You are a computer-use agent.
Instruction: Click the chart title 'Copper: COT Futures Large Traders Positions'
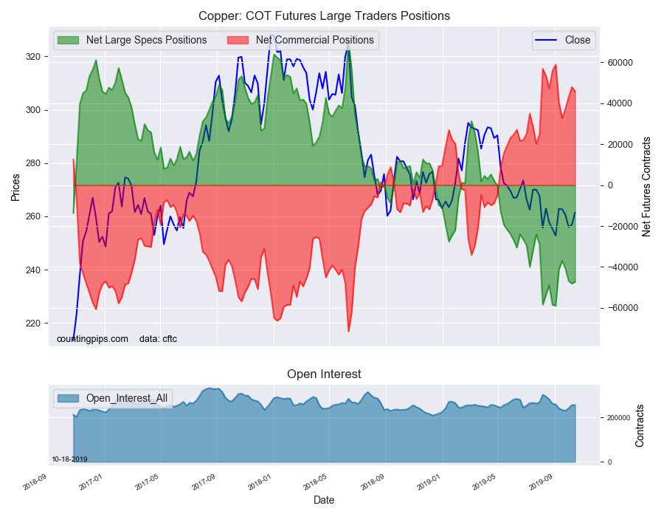coord(324,16)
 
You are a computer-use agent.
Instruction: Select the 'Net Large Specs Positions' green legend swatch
coord(68,41)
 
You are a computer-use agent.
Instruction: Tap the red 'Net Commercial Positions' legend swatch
coord(238,41)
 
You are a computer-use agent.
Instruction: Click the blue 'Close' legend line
coord(546,41)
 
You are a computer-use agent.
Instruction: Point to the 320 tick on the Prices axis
coord(34,57)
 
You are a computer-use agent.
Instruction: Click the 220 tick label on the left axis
coord(34,323)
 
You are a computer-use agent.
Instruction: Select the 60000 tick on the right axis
coord(620,63)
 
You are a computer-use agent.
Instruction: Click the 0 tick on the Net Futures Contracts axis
coord(610,185)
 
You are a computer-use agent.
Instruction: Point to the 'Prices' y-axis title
coord(15,188)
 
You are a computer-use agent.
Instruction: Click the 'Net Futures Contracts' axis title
coord(646,187)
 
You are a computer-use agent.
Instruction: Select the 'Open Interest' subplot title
coord(324,374)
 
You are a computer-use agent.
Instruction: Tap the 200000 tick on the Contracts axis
coord(618,418)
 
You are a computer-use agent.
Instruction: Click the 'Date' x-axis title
coord(324,500)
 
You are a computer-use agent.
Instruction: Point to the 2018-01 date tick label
coord(260,483)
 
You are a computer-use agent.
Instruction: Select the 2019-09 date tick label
coord(541,483)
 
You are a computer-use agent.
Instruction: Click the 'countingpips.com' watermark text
coord(92,339)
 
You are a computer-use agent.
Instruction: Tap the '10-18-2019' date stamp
coord(69,459)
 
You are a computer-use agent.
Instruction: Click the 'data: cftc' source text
coord(158,339)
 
